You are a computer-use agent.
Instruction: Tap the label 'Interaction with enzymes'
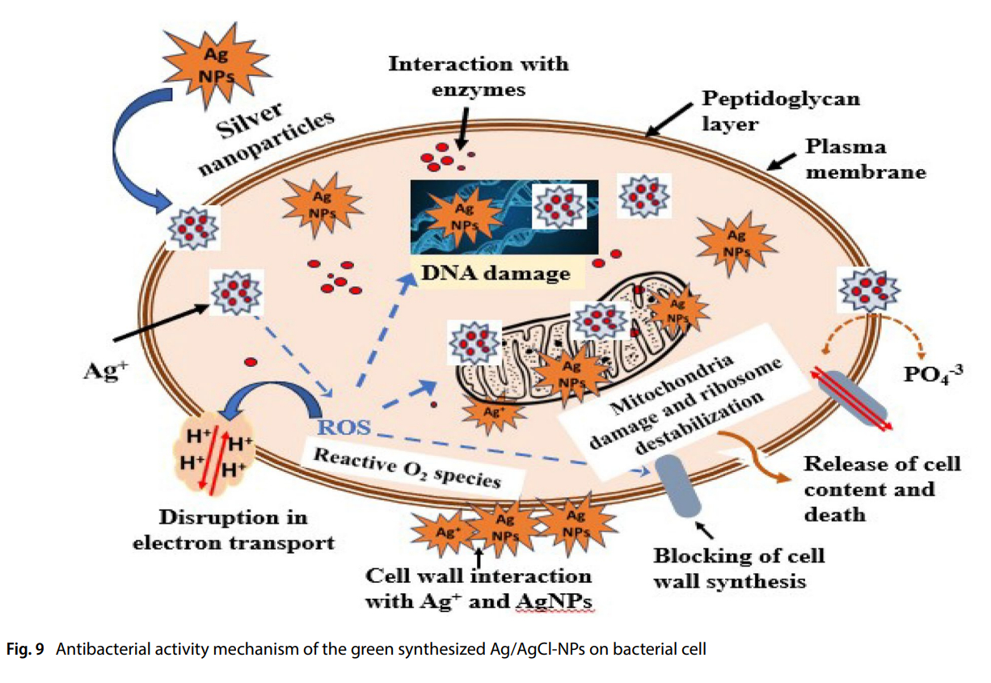click(478, 76)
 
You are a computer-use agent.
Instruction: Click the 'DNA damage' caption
click(495, 273)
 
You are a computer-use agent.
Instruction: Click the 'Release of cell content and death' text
click(882, 488)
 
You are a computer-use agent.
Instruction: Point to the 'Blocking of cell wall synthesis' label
click(739, 568)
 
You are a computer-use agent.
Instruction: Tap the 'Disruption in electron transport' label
click(233, 529)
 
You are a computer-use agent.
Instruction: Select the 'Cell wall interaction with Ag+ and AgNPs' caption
click(479, 588)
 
